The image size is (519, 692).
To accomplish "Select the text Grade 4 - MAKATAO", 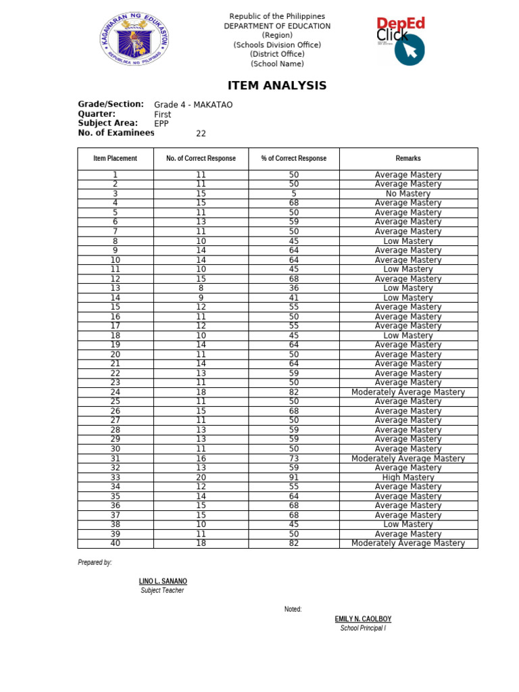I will [193, 105].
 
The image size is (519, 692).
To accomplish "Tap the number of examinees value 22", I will [201, 133].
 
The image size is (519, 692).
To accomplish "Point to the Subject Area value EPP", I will [162, 124].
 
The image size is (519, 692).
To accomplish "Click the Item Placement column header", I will [116, 158].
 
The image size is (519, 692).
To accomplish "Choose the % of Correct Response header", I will [293, 158].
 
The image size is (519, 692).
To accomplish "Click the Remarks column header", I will [408, 158].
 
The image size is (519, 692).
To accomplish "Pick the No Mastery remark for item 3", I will [408, 193].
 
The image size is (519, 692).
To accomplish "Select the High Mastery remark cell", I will [408, 477].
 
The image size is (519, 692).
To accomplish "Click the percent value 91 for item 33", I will [294, 477].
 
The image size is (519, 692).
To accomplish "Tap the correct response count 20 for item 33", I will [201, 477].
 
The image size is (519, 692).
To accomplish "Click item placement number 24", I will [116, 392].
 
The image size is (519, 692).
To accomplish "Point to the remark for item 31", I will [408, 458].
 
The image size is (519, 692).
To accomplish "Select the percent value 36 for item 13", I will [294, 288].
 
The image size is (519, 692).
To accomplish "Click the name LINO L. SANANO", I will [163, 581].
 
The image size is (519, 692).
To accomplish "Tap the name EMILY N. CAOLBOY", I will [363, 619].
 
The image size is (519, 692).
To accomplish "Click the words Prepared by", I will [95, 562].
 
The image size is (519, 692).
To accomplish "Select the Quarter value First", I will [163, 114].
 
